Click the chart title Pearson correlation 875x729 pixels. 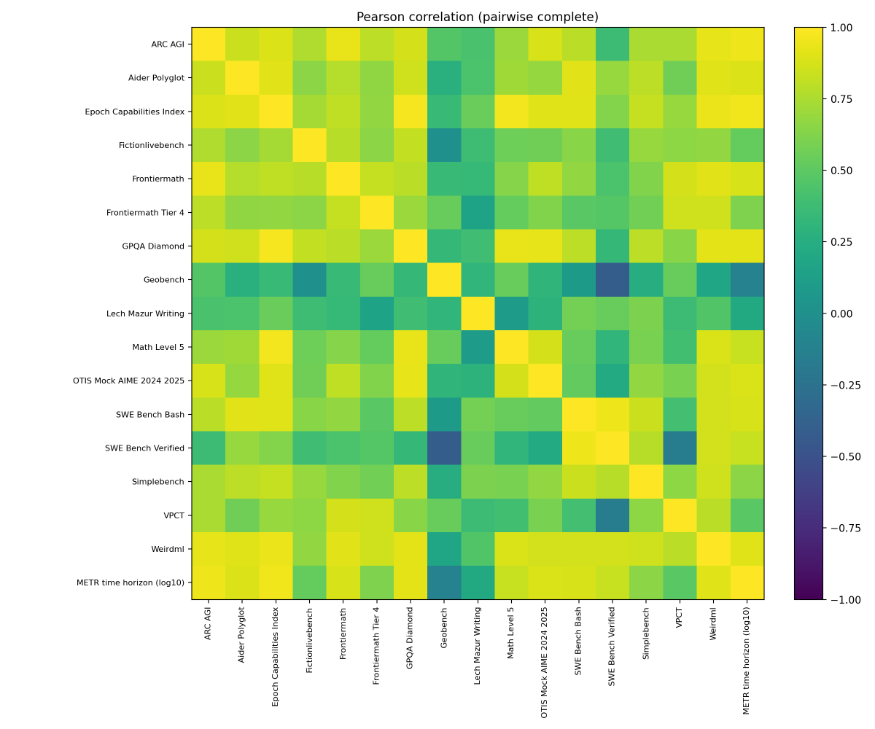click(x=477, y=17)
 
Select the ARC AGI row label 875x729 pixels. click(x=168, y=44)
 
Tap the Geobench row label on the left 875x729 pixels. click(x=164, y=280)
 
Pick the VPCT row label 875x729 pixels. click(x=174, y=515)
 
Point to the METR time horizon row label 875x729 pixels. click(x=131, y=582)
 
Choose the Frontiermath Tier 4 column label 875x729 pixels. click(x=376, y=644)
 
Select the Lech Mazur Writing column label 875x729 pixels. click(x=477, y=644)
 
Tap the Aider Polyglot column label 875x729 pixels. click(x=241, y=634)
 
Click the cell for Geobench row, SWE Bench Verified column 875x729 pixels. click(x=612, y=280)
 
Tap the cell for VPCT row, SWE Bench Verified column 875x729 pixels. click(x=612, y=515)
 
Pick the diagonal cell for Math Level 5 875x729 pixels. click(x=511, y=347)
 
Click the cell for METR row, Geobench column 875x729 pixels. click(x=444, y=582)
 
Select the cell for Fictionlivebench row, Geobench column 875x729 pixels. click(x=444, y=145)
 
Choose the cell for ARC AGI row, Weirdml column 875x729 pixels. click(x=713, y=44)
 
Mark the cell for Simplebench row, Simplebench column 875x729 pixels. click(x=646, y=482)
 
